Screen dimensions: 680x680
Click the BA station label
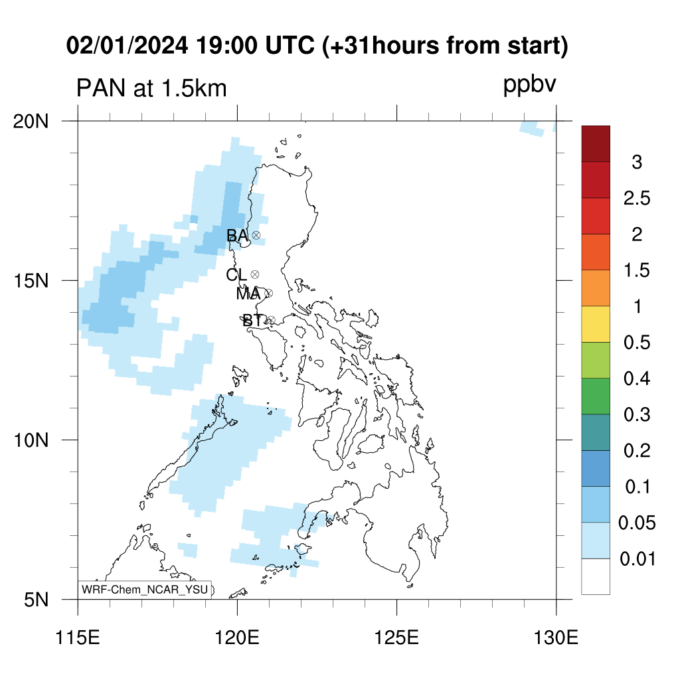[x=237, y=236]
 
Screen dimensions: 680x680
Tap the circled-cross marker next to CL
[x=255, y=274]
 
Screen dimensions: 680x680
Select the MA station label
[x=248, y=294]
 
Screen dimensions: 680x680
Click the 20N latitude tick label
[x=31, y=122]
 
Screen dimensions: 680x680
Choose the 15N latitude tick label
[x=31, y=281]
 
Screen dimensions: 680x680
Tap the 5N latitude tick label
[x=36, y=600]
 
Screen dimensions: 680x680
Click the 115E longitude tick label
[x=78, y=638]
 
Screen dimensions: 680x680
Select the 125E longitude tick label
[x=396, y=638]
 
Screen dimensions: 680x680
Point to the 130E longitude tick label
[x=556, y=638]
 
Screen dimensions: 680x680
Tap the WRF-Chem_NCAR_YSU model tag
[x=145, y=590]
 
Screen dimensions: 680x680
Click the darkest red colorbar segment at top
[x=596, y=144]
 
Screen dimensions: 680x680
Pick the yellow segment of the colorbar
[x=596, y=324]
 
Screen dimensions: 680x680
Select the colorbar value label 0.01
[x=637, y=558]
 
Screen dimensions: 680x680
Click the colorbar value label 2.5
[x=637, y=198]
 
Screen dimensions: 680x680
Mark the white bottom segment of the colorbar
[x=596, y=576]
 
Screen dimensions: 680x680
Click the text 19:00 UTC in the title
[x=255, y=45]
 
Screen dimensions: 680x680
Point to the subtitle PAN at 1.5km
[x=151, y=88]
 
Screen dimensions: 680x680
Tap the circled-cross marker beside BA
[x=256, y=236]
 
